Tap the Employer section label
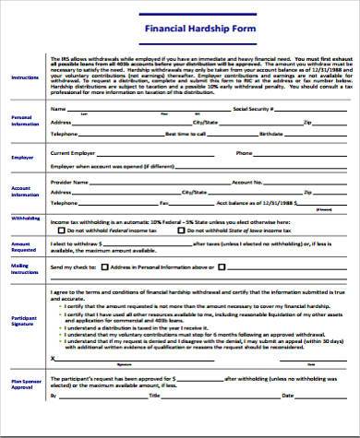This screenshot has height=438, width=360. pyautogui.click(x=22, y=158)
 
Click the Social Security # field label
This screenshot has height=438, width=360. pyautogui.click(x=255, y=108)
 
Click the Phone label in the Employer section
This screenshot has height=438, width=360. pyautogui.click(x=244, y=152)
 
